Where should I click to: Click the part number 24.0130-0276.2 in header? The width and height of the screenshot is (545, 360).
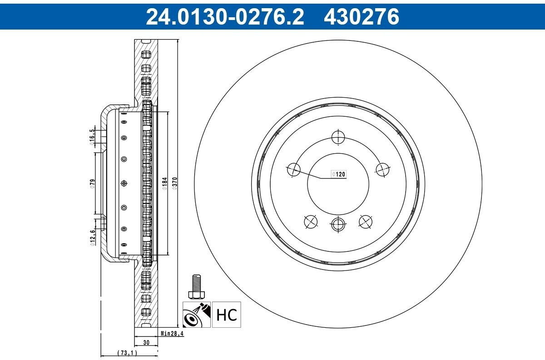[225, 16]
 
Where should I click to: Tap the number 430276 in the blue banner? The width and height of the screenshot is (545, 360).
[362, 16]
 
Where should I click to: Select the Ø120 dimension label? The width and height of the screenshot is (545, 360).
[339, 174]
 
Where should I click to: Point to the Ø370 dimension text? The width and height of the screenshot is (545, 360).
[175, 184]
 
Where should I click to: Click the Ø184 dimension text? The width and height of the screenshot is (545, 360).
[165, 184]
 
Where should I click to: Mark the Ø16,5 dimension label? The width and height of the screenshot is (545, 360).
[92, 137]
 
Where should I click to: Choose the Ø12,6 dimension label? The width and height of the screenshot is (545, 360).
[93, 238]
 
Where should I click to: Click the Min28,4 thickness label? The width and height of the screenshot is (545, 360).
[172, 334]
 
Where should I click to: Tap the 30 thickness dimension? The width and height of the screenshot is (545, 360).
[146, 342]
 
